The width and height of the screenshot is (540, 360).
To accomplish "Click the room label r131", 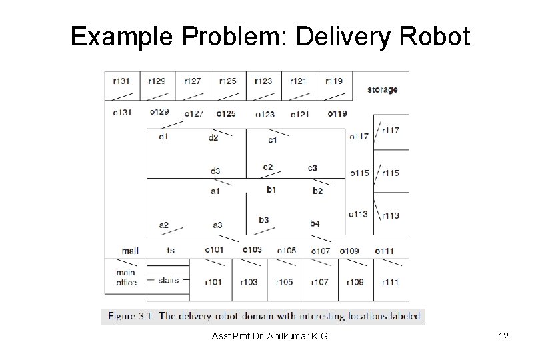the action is [121, 81].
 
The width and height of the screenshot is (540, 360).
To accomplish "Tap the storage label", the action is [382, 89].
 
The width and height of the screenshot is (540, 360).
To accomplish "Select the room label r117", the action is [390, 130].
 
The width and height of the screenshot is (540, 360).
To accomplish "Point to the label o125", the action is [226, 113].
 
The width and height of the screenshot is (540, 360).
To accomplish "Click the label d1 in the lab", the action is [163, 137].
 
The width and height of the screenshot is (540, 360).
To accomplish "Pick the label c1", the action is [272, 139].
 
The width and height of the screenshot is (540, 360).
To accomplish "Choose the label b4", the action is [315, 223].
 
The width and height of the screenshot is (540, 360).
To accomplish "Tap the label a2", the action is [163, 225].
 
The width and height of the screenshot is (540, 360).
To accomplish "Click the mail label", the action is [130, 251].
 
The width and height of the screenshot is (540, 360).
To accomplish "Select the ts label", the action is [171, 250].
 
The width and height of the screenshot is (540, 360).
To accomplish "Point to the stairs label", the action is [169, 280].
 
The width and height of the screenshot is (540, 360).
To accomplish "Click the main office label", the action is [125, 277].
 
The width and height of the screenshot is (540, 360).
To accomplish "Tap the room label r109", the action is [355, 282].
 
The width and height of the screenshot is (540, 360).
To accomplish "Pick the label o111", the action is [384, 251].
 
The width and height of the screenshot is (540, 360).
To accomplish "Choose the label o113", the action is [358, 214].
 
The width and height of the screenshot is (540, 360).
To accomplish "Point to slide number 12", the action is [503, 337].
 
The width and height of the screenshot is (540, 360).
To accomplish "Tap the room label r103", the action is [248, 282].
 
